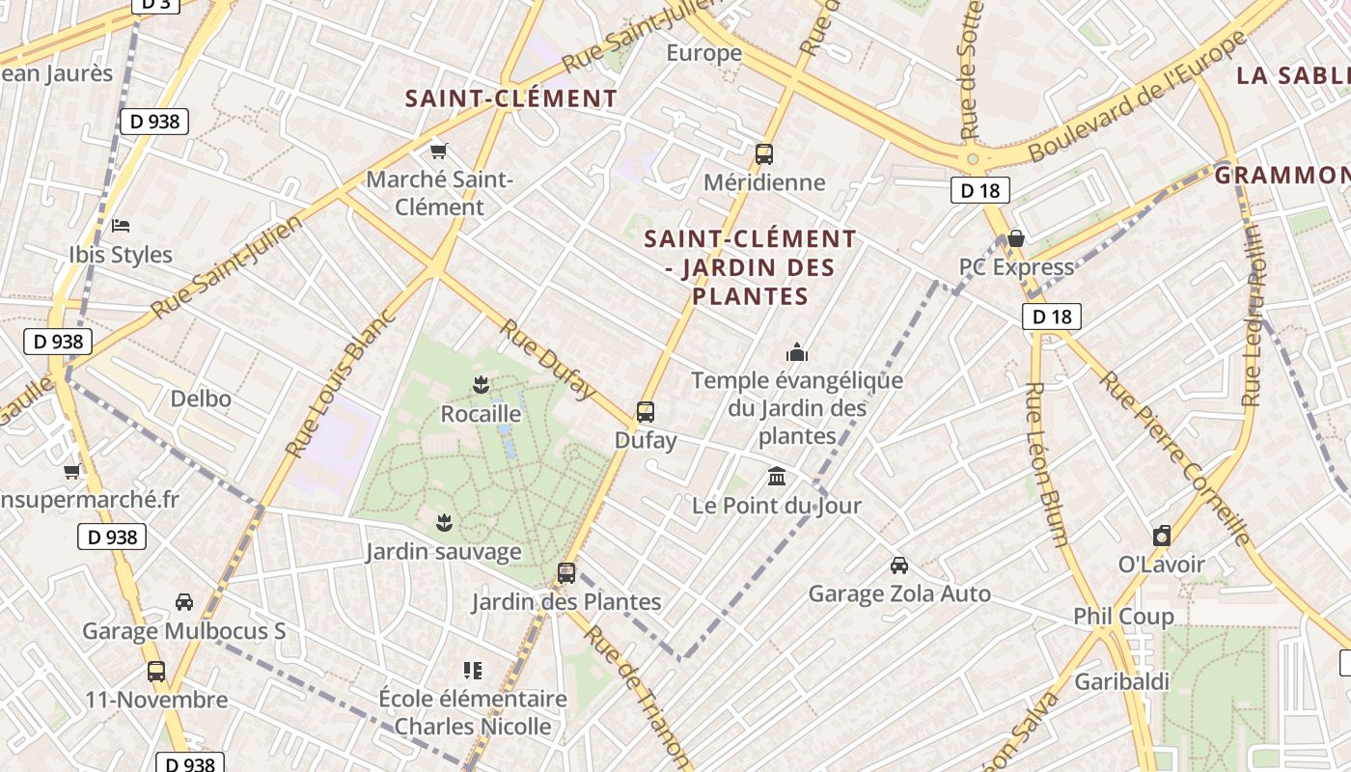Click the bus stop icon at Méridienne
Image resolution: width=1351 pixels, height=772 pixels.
(x=763, y=153)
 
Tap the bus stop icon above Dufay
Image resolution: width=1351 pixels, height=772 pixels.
(x=646, y=412)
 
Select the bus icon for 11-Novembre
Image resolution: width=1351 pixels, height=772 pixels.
(x=156, y=671)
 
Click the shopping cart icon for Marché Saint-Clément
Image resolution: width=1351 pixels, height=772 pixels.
(x=439, y=151)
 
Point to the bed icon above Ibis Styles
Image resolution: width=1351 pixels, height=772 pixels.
(x=121, y=226)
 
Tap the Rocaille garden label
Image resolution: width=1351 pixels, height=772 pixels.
(x=481, y=414)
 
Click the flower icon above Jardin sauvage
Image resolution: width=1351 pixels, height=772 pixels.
(x=444, y=523)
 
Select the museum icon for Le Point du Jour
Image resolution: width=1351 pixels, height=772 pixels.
(x=777, y=476)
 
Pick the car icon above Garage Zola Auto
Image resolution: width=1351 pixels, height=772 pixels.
(x=898, y=565)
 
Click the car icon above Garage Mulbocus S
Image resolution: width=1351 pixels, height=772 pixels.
(x=183, y=602)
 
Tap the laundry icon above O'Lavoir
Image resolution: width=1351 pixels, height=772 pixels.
(x=1162, y=536)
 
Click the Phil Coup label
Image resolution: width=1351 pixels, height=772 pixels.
(x=1123, y=616)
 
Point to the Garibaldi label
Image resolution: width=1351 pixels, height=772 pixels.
(x=1121, y=681)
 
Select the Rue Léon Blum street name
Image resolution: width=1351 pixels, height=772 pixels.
(x=1048, y=464)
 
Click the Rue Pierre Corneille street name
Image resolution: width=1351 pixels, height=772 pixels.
(x=1176, y=458)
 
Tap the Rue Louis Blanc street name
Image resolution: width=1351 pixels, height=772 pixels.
(x=342, y=383)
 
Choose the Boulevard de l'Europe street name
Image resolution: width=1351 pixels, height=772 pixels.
(x=1139, y=96)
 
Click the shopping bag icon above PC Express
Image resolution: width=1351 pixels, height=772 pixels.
(x=1015, y=238)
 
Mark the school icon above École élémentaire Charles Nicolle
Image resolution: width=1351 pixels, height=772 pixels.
(x=473, y=670)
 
